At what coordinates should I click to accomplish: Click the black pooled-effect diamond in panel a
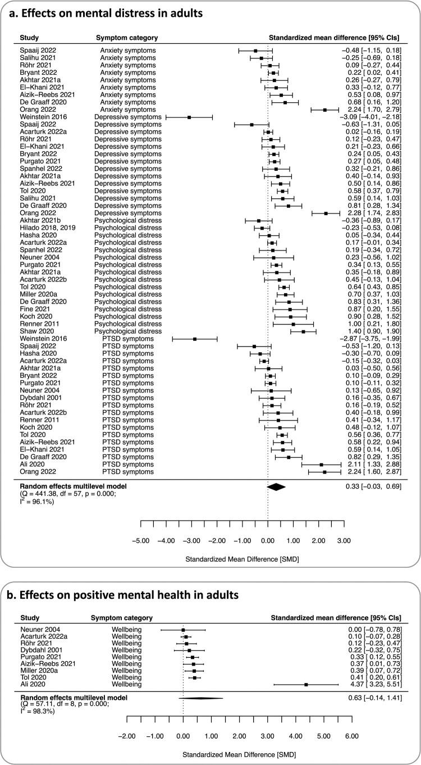click(276, 486)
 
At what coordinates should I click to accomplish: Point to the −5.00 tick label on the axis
click(140, 541)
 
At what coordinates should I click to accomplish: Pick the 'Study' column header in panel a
click(29, 38)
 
